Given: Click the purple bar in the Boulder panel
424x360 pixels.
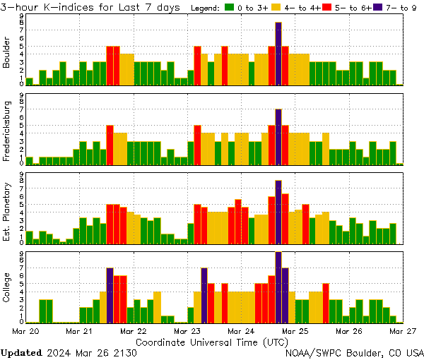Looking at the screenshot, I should click(x=278, y=54).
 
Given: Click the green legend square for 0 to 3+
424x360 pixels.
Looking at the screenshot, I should click(x=230, y=8).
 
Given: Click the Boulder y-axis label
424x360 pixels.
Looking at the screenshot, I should click(x=6, y=54).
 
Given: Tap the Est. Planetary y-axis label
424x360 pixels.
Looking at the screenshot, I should click(x=6, y=211).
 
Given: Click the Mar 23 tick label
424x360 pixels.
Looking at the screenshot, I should click(x=188, y=330).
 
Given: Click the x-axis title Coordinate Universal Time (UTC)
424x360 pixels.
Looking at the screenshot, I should click(x=212, y=342).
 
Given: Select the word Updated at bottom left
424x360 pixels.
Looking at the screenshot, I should click(x=21, y=352).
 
